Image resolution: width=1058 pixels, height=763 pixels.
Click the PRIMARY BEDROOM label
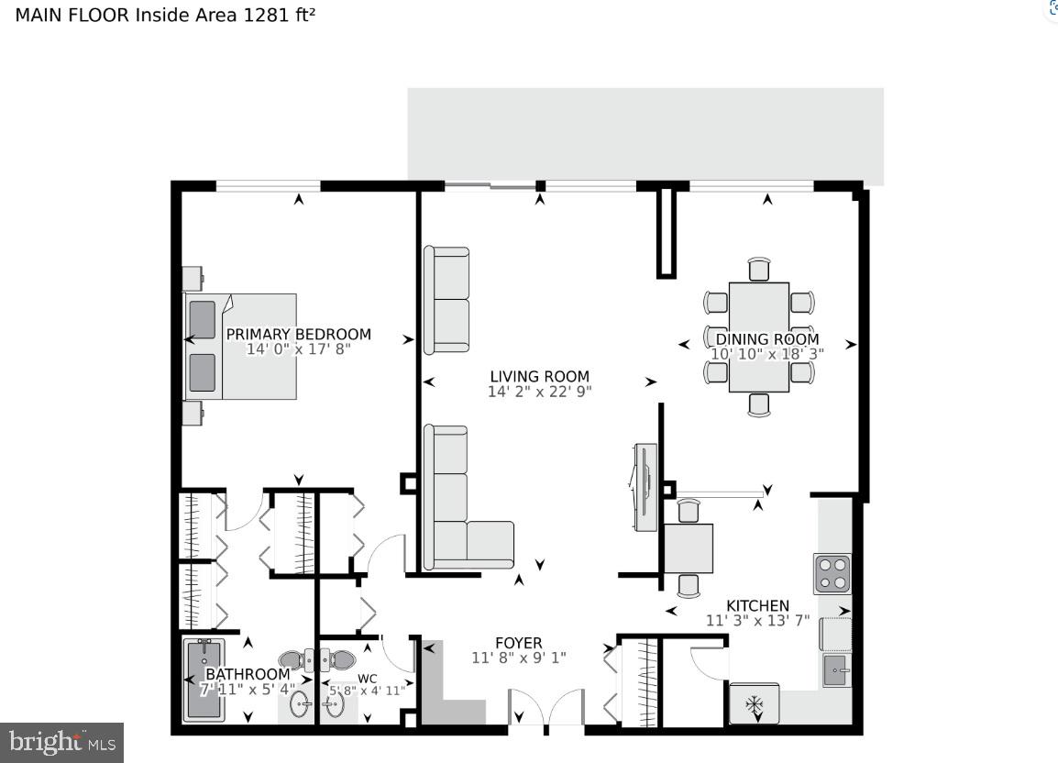pos(298,334)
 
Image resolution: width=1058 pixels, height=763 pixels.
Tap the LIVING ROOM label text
pos(539,376)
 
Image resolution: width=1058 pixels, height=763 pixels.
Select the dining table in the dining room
pos(759,337)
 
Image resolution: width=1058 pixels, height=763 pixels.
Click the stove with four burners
pos(832,573)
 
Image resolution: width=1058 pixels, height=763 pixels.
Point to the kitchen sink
pos(835,671)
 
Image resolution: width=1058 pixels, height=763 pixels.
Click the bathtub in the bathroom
pos(204,680)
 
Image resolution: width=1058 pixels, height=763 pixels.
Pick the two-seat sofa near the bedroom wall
pos(446,300)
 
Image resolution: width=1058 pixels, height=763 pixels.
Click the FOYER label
pos(519,643)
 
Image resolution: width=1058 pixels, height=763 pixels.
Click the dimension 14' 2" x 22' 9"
pos(539,392)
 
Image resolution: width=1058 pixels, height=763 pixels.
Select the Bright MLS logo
pos(61,741)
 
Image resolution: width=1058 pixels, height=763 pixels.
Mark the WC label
pos(368,679)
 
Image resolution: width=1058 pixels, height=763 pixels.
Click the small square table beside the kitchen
pos(688,547)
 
